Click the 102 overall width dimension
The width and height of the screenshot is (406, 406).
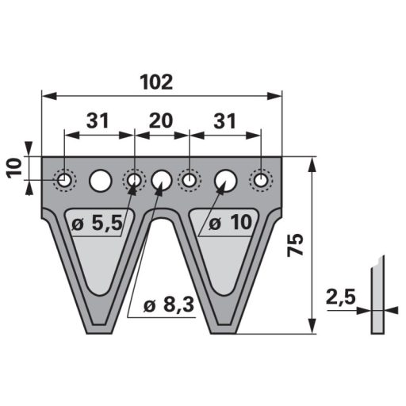[156, 82]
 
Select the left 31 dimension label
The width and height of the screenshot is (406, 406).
[98, 121]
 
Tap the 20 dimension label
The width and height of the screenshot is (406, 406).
[161, 121]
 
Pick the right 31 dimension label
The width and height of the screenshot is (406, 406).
[224, 121]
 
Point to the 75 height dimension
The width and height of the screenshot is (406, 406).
[295, 245]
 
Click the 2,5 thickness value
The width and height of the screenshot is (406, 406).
[341, 297]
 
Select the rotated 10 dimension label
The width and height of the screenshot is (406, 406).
[15, 168]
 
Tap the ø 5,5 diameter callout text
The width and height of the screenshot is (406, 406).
[98, 224]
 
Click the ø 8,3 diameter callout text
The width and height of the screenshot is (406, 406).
[169, 304]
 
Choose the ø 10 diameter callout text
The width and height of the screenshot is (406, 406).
[230, 223]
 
